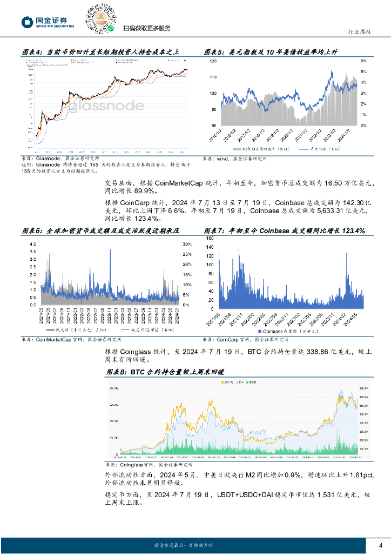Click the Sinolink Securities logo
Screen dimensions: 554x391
[48, 22]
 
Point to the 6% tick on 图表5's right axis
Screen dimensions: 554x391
[363, 62]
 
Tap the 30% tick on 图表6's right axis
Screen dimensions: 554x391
[187, 244]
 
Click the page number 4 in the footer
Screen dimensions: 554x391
[381, 545]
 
